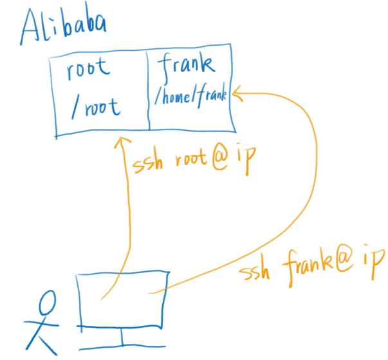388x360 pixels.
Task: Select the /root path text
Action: click(95, 106)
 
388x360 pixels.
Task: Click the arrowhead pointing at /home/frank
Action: click(236, 95)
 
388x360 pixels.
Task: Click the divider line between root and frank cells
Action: click(149, 90)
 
